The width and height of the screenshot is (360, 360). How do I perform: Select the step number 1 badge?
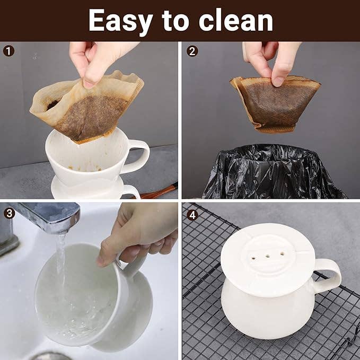pos(9,51)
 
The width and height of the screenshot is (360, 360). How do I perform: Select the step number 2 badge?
pos(192,51)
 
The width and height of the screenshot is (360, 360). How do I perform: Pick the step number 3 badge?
pos(9,213)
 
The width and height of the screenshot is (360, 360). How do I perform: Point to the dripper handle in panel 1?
pos(139,156)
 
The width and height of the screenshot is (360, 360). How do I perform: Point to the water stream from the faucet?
pos(61,265)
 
